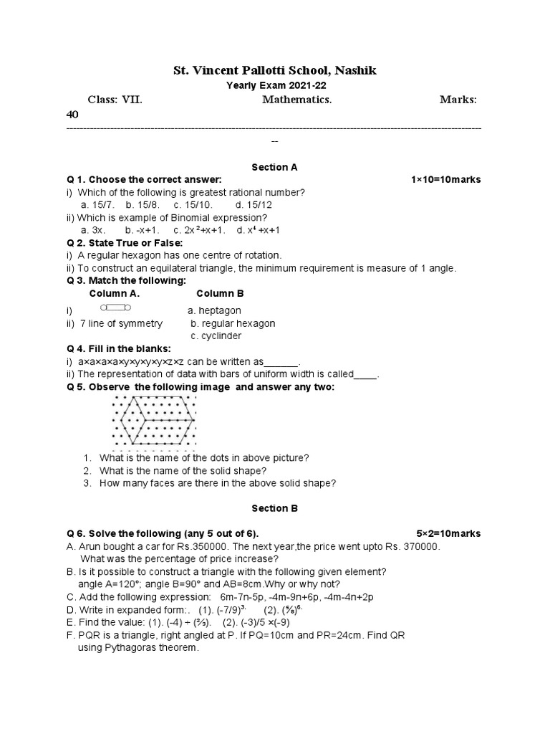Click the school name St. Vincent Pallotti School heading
pyautogui.click(x=274, y=70)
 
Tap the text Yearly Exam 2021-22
pyautogui.click(x=274, y=85)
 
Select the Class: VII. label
pyautogui.click(x=115, y=100)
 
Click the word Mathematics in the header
pyautogui.click(x=296, y=100)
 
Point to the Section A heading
pyautogui.click(x=274, y=167)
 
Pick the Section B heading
pyautogui.click(x=274, y=508)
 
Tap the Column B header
pyautogui.click(x=220, y=293)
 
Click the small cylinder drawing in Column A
pyautogui.click(x=115, y=308)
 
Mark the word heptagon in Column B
pyautogui.click(x=219, y=310)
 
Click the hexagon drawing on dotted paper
pyautogui.click(x=154, y=420)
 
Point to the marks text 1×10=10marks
pyautogui.click(x=445, y=179)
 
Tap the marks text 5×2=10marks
pyautogui.click(x=448, y=534)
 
